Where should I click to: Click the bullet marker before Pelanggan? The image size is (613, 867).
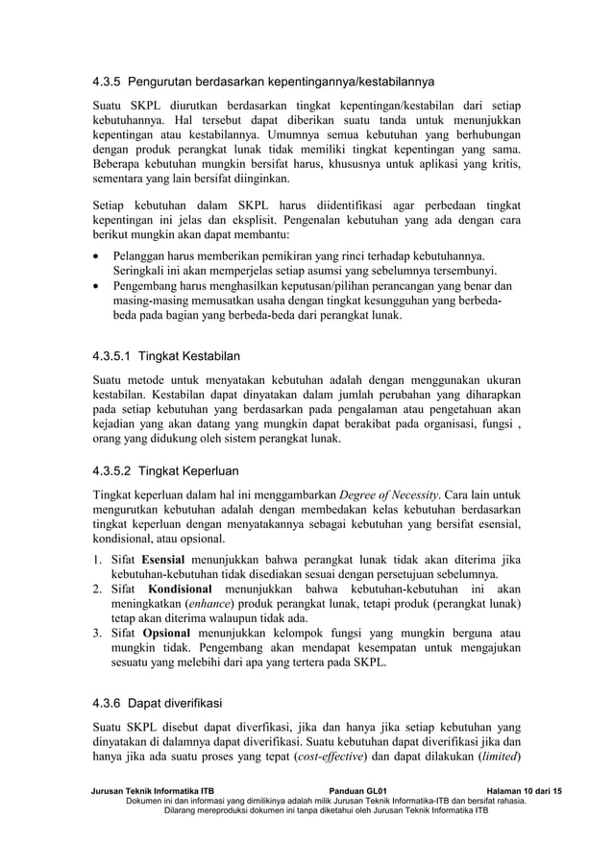point(97,257)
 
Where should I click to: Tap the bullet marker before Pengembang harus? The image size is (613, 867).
point(97,286)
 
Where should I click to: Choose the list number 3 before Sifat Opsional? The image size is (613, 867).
point(97,633)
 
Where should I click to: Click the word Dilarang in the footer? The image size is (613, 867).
point(186,810)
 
